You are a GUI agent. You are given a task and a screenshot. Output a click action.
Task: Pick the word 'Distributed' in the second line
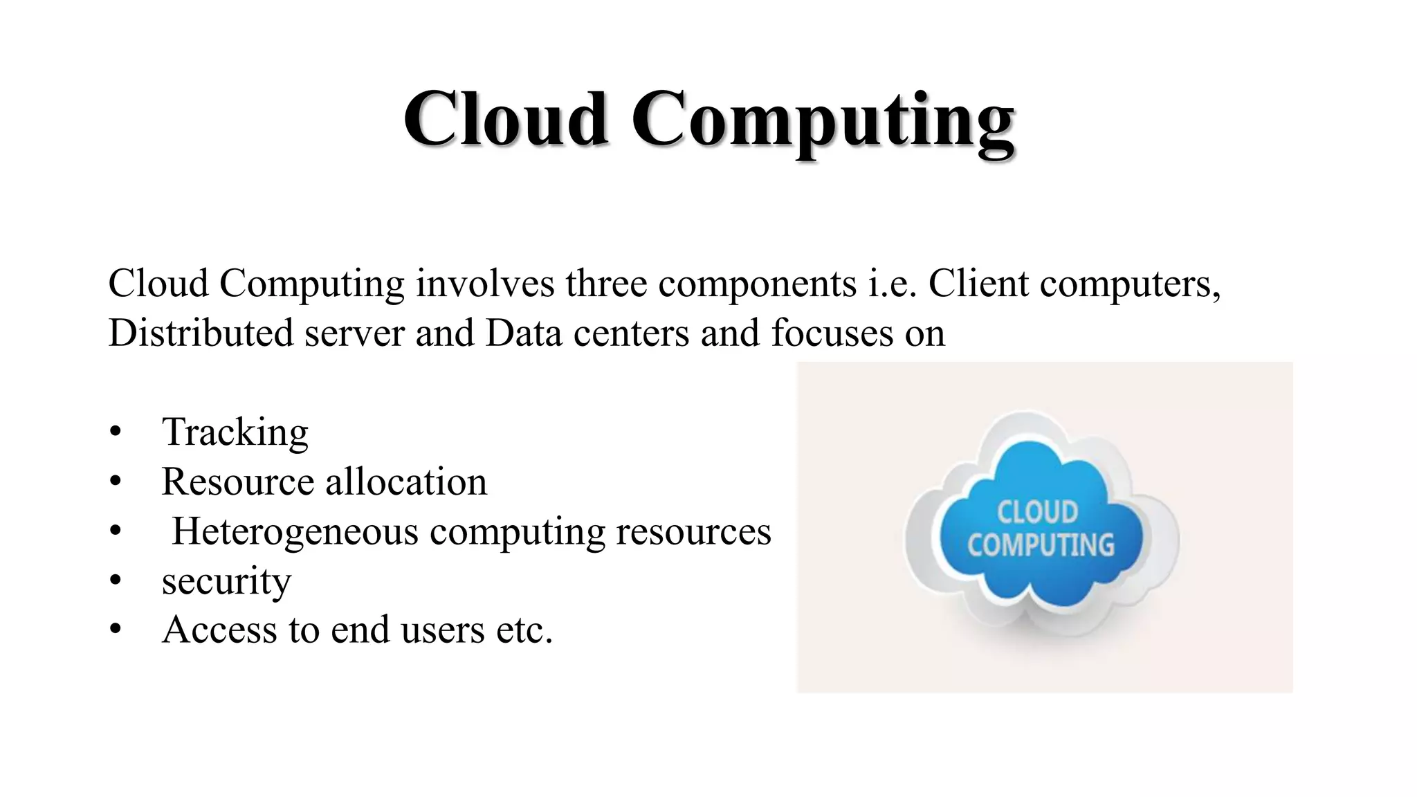coord(201,333)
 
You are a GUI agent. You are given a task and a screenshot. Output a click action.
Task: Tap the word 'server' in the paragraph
coord(354,333)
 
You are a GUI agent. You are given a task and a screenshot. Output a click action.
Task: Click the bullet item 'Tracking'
coord(235,433)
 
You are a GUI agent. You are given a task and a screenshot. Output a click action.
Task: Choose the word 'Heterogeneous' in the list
coord(295,532)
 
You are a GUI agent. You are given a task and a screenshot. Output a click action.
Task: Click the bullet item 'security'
coord(226,581)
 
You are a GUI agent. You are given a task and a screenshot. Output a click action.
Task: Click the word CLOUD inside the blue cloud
coord(1037,513)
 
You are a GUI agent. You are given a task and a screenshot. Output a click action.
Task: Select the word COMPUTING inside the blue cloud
coord(1041,545)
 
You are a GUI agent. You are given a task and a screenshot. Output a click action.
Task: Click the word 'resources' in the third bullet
coord(693,532)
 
